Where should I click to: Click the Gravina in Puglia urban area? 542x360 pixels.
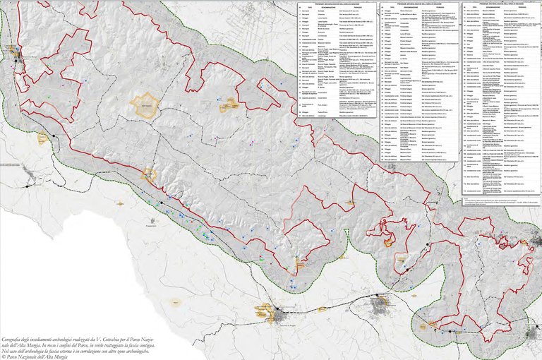click(270, 311)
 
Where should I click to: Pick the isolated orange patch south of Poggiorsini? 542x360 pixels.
click(174, 301)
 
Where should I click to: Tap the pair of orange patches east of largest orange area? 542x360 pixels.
click(227, 106)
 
